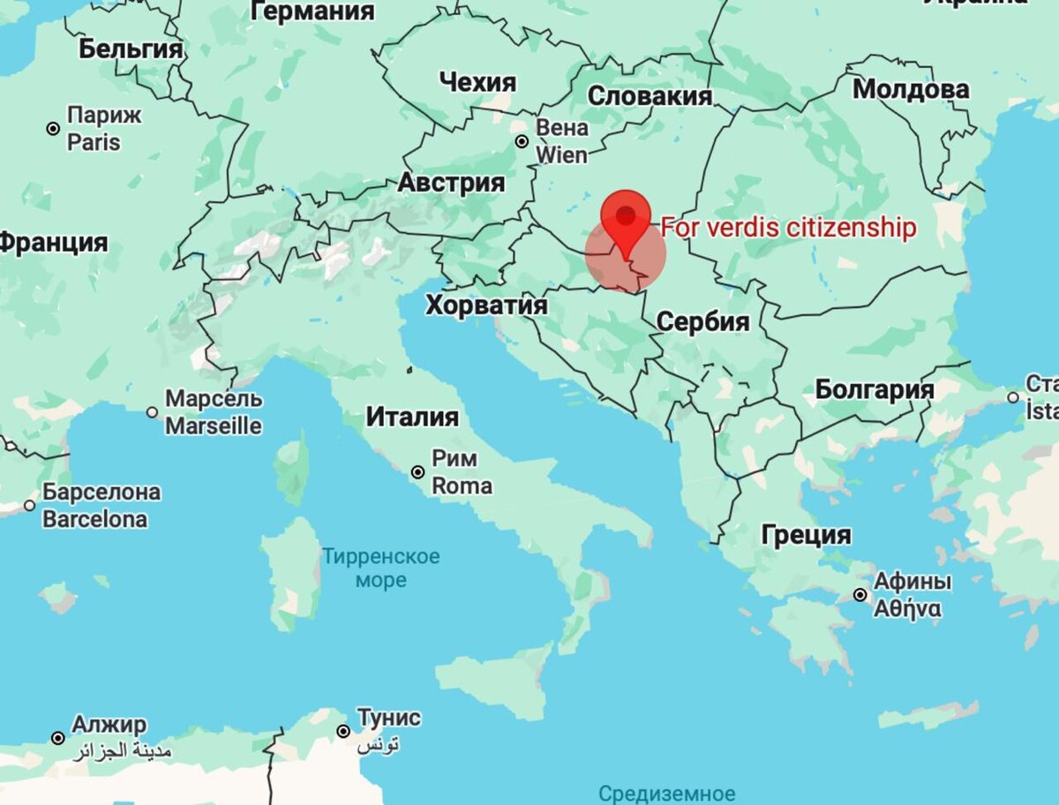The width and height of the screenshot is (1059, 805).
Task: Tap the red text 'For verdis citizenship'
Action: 788,228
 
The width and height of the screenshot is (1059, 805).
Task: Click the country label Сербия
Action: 702,321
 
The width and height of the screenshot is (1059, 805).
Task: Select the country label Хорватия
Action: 486,305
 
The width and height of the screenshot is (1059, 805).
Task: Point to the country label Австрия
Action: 451,183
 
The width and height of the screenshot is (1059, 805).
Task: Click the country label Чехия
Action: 477,83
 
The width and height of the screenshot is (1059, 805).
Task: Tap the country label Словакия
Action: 650,96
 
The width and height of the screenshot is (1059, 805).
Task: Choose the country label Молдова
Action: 911,89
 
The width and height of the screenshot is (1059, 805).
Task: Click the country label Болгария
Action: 874,389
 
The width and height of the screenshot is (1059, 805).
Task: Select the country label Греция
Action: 807,535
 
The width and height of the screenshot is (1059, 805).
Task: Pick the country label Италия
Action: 412,416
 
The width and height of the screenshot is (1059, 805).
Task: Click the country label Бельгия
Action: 131,49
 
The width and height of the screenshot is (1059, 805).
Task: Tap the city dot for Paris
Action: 54,129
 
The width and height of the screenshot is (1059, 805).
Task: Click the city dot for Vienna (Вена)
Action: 522,141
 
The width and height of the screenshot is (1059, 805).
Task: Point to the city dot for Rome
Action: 418,472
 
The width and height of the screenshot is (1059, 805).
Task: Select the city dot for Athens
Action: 860,595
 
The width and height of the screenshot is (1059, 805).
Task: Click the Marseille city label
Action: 214,412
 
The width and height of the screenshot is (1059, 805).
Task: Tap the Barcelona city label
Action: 101,505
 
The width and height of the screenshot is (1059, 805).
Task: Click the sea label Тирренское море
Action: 380,568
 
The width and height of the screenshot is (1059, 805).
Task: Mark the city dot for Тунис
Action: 344,731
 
